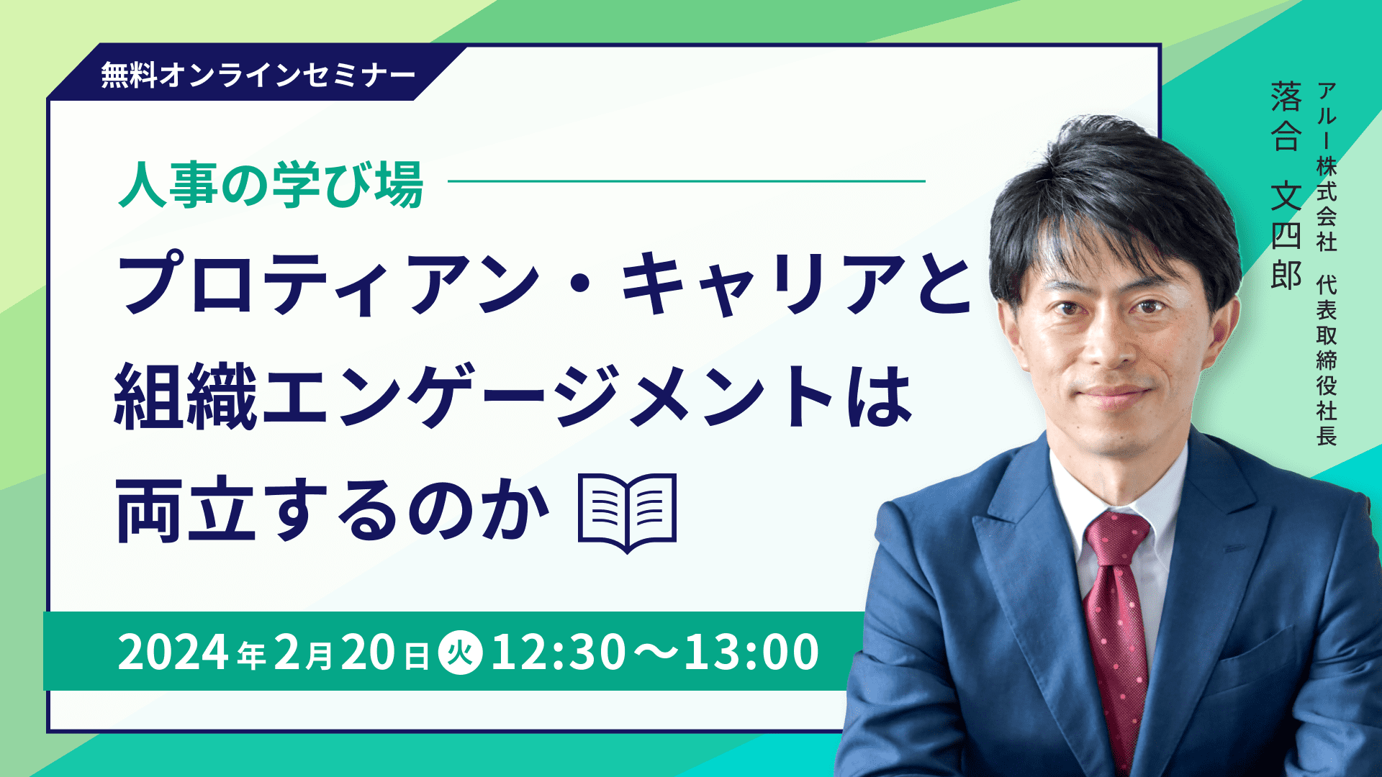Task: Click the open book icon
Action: coord(628,513)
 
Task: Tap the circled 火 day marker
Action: coord(460,653)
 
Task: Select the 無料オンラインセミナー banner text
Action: coord(258,75)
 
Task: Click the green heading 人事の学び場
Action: coord(271,184)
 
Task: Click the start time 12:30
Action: coord(558,652)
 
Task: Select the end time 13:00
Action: coord(751,652)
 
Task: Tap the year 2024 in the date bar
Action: coord(173,652)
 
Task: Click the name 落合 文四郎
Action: coord(1286,185)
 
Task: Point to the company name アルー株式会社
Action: coord(1326,167)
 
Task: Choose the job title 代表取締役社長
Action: coord(1326,360)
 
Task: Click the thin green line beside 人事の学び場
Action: coord(686,181)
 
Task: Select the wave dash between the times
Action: coord(654,652)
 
